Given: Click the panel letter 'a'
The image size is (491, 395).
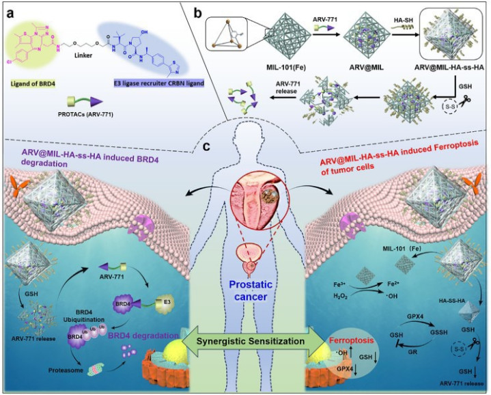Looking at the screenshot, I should tap(12, 12).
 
